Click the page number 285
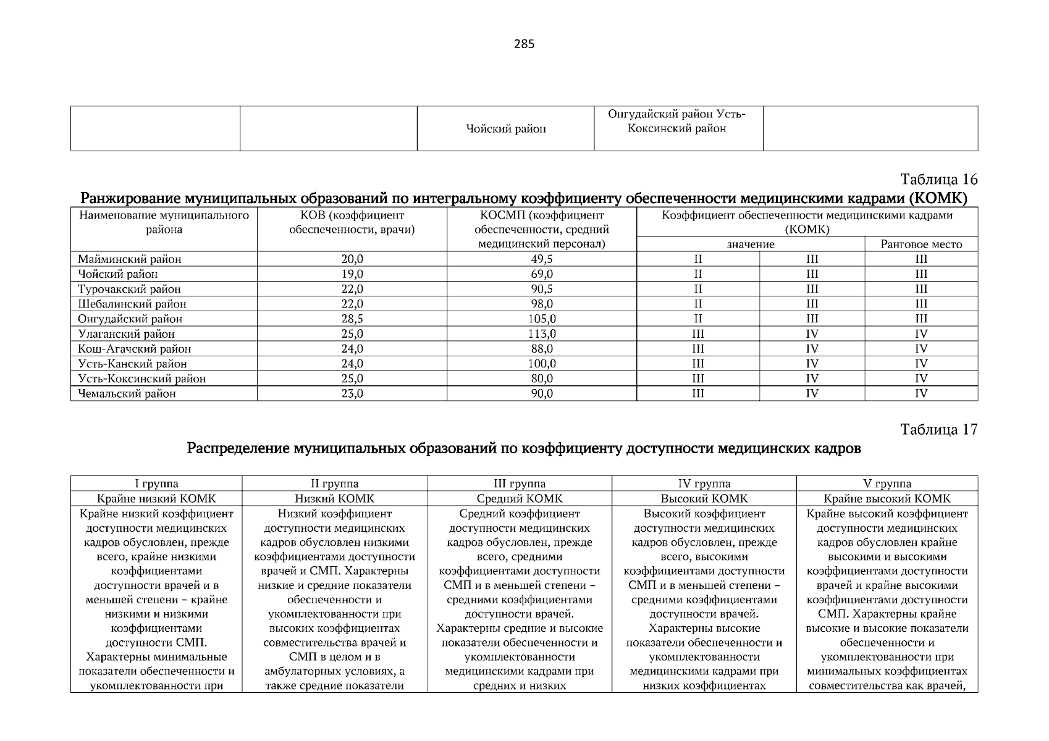(524, 44)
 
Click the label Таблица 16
(938, 180)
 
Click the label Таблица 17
(938, 430)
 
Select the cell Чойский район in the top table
(506, 129)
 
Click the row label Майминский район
(129, 259)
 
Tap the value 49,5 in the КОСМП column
(541, 259)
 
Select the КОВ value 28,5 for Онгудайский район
(352, 319)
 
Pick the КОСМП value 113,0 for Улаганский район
(541, 334)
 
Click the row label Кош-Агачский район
(134, 349)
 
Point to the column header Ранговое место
(921, 244)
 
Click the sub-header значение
(750, 244)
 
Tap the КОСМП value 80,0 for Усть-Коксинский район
(541, 379)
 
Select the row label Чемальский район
(127, 393)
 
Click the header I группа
(156, 484)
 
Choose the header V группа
(887, 484)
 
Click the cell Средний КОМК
(519, 498)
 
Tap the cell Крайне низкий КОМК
(156, 498)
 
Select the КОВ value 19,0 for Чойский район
(352, 274)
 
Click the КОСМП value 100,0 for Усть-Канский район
(541, 364)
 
